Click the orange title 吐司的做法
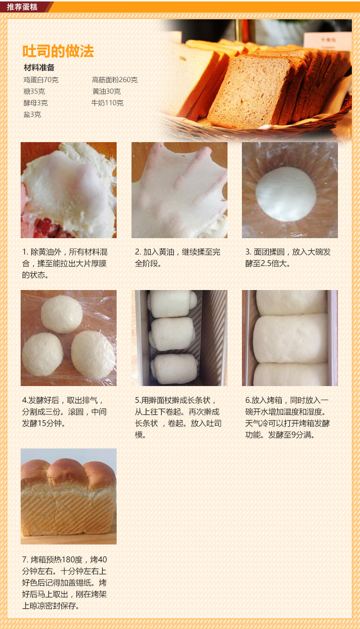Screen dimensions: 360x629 pyautogui.click(x=58, y=51)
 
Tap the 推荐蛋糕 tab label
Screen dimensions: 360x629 pyautogui.click(x=22, y=7)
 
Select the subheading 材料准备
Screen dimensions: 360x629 pyautogui.click(x=39, y=68)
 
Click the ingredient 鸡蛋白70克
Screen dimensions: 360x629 pyautogui.click(x=41, y=80)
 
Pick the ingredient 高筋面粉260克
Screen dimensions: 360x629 pyautogui.click(x=115, y=80)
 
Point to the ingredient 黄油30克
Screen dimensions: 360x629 pyautogui.click(x=107, y=91)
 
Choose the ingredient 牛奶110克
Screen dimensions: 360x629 pyautogui.click(x=107, y=103)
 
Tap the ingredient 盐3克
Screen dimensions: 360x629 pyautogui.click(x=32, y=114)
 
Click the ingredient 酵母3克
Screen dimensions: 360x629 pyautogui.click(x=36, y=103)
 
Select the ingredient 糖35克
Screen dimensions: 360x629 pyautogui.click(x=34, y=91)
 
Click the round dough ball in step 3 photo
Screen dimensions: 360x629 pyautogui.click(x=286, y=194)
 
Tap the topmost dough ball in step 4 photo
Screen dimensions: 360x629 pyautogui.click(x=62, y=314)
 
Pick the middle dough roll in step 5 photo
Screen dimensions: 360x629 pyautogui.click(x=172, y=334)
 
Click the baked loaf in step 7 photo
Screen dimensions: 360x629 pyautogui.click(x=69, y=497)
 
